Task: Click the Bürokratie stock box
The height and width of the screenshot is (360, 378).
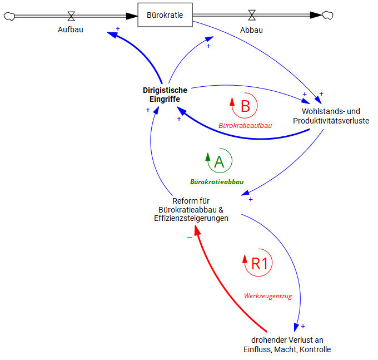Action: pos(165,15)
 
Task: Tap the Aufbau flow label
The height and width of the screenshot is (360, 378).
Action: pos(71,29)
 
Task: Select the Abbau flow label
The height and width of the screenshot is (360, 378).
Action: pos(251,29)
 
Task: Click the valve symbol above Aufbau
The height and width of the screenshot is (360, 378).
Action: pos(71,15)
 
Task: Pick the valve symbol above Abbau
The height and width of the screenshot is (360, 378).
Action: pos(251,15)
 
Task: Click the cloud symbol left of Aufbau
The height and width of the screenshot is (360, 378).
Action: pos(9,16)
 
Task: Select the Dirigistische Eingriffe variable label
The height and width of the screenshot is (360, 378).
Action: pos(165,94)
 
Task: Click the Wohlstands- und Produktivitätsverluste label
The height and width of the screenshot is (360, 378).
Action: pos(331,115)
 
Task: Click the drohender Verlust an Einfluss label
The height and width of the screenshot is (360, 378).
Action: pos(287,344)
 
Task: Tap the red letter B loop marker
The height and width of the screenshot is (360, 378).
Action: pos(245,105)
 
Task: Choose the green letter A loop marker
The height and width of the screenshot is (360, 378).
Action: pos(219,161)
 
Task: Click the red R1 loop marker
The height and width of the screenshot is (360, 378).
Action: pos(259,263)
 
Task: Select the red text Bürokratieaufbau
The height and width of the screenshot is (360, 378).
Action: pos(245,126)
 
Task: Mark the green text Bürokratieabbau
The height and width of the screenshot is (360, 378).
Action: pos(217,181)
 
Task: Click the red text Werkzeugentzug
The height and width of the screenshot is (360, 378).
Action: pos(268,296)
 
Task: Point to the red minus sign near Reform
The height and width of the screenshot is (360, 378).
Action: pos(190,238)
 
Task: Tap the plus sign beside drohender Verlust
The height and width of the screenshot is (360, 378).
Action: pos(303,327)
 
